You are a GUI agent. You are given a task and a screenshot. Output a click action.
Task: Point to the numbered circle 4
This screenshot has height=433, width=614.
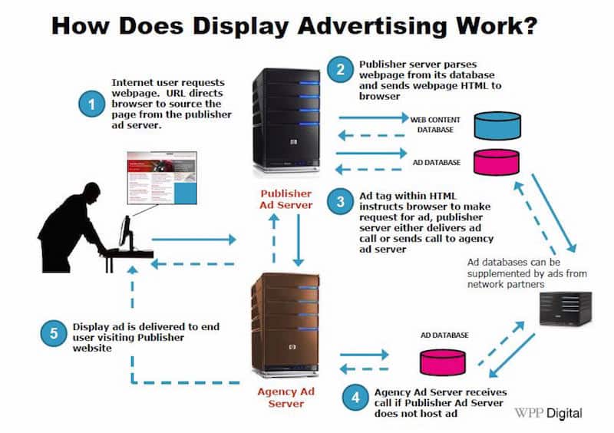pyautogui.click(x=354, y=397)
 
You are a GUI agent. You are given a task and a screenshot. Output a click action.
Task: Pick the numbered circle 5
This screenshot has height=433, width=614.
pyautogui.click(x=53, y=334)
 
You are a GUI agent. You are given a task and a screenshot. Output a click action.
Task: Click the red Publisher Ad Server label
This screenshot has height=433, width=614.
pyautogui.click(x=286, y=200)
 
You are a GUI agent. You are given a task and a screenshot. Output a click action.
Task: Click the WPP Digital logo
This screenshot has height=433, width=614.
pyautogui.click(x=547, y=413)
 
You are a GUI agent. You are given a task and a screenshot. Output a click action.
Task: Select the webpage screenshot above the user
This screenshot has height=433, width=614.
pyautogui.click(x=162, y=178)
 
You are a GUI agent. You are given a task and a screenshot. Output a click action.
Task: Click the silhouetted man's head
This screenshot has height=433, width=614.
pyautogui.click(x=90, y=193)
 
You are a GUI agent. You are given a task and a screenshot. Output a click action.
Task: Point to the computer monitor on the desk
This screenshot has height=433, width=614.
pyautogui.click(x=124, y=233)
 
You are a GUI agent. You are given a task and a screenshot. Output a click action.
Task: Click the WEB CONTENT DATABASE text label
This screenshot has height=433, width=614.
pyautogui.click(x=436, y=124)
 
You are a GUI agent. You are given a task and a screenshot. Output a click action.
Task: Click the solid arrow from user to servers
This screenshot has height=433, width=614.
pyautogui.click(x=195, y=240)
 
